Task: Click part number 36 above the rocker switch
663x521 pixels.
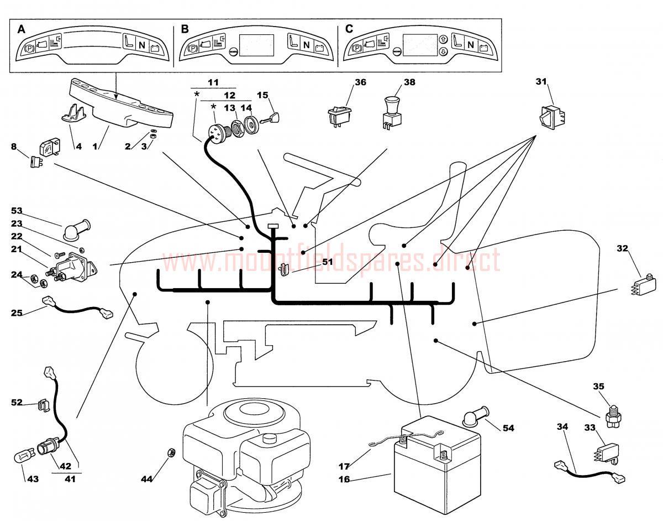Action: [x=360, y=82]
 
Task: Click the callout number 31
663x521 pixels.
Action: [x=541, y=82]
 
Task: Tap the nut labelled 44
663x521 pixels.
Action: [x=171, y=453]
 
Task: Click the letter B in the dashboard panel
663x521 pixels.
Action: [x=185, y=29]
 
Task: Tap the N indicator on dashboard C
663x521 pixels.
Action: [x=471, y=45]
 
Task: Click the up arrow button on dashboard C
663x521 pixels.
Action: [x=442, y=40]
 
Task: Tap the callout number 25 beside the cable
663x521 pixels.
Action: [x=17, y=312]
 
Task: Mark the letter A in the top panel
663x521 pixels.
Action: [x=22, y=29]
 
